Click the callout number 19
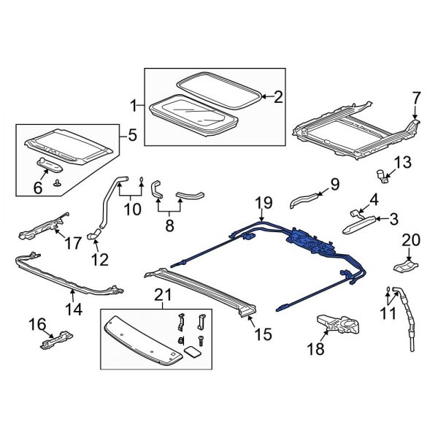(x=263, y=202)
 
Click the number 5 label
(x=132, y=134)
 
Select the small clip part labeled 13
(x=383, y=174)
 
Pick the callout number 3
(x=393, y=218)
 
